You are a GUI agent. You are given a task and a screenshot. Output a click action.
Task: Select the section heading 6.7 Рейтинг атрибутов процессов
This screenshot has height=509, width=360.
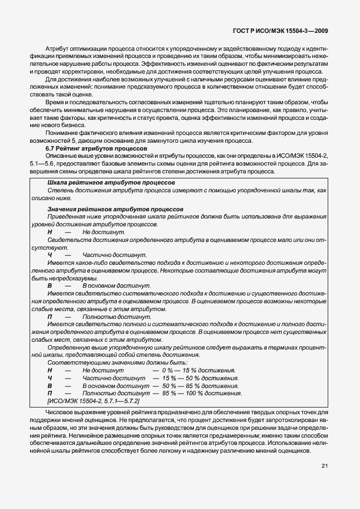point(87,149)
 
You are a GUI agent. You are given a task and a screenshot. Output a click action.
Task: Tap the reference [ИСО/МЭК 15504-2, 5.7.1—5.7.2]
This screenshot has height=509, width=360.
point(94,401)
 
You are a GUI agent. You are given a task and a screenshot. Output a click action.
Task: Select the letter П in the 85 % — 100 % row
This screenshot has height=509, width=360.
point(50,393)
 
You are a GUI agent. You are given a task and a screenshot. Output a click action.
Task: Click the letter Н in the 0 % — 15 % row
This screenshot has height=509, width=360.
point(50,370)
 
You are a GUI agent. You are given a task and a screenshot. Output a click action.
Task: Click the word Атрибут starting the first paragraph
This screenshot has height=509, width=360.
point(57,50)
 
